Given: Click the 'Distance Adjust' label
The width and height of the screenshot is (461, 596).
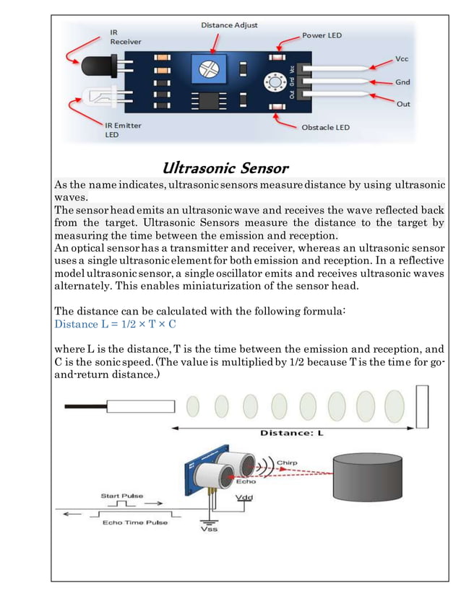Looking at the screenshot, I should pyautogui.click(x=228, y=25).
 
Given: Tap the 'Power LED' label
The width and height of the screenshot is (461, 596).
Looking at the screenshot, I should pyautogui.click(x=322, y=35).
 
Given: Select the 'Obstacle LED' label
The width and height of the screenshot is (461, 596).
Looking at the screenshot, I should pyautogui.click(x=324, y=127).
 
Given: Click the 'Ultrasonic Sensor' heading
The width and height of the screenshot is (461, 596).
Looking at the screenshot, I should pyautogui.click(x=225, y=168).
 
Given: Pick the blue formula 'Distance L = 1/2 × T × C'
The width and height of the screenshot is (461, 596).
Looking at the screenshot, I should pyautogui.click(x=116, y=324).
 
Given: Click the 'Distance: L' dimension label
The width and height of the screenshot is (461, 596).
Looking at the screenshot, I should pyautogui.click(x=291, y=433).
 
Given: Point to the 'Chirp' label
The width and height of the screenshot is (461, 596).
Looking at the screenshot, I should pyautogui.click(x=287, y=463).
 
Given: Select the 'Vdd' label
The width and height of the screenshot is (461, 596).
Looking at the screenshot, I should pyautogui.click(x=244, y=499).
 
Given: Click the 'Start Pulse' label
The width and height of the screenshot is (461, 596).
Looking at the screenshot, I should pyautogui.click(x=121, y=496).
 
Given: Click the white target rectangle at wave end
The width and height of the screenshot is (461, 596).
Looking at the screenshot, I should pyautogui.click(x=422, y=406).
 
